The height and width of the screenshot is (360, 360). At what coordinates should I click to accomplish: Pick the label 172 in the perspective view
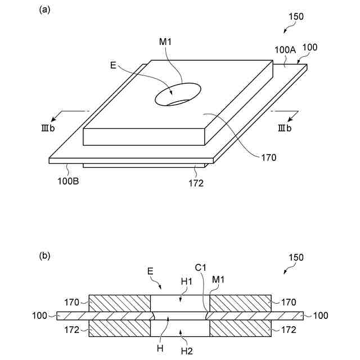(x=196, y=183)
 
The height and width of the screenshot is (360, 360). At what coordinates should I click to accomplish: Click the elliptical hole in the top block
(x=178, y=94)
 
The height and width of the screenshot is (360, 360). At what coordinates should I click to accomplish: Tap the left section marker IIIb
(x=46, y=128)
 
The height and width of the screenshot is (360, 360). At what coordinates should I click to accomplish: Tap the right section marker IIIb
(x=285, y=128)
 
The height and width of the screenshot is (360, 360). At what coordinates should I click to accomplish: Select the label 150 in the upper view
(x=295, y=16)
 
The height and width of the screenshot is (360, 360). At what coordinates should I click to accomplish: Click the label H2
(x=187, y=351)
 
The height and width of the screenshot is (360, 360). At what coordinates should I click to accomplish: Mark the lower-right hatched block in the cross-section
(x=240, y=328)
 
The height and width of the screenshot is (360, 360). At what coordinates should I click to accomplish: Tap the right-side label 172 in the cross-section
(x=289, y=330)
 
